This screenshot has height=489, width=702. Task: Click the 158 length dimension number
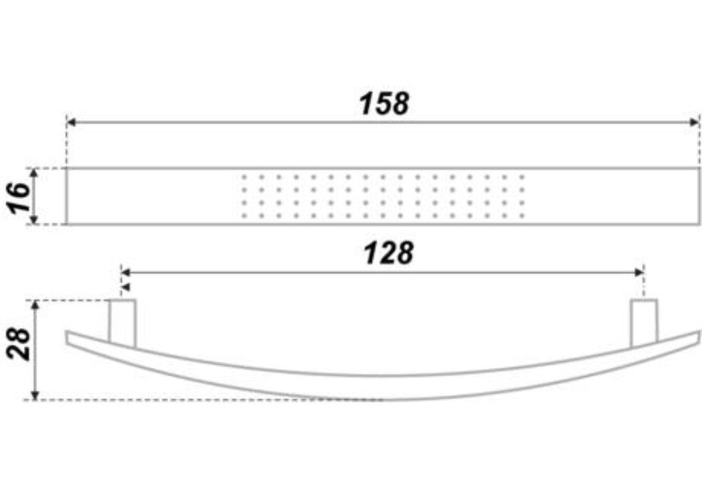384,104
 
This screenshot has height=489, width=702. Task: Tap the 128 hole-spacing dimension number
388,253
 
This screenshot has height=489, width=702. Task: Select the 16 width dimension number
18,198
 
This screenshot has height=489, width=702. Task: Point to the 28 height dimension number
18,344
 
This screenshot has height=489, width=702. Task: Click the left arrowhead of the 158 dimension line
71,122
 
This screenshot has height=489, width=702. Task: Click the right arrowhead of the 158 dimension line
695,122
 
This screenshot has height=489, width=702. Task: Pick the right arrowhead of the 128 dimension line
639,272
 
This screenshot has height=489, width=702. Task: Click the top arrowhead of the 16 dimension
34,173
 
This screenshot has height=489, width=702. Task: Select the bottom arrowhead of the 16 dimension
34,219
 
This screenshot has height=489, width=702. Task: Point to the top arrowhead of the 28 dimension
35,305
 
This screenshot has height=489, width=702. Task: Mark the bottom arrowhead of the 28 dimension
35,395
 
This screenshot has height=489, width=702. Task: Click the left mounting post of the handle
122,323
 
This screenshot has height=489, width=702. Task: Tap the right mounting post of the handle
644,323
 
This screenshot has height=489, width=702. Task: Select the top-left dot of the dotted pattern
244,177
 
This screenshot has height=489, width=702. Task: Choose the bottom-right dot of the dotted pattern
522,216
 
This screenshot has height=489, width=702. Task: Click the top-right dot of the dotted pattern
522,177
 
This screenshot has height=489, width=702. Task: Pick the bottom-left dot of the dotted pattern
244,216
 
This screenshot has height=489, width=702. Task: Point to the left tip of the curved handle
67,338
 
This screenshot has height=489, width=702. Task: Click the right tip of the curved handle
699,338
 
